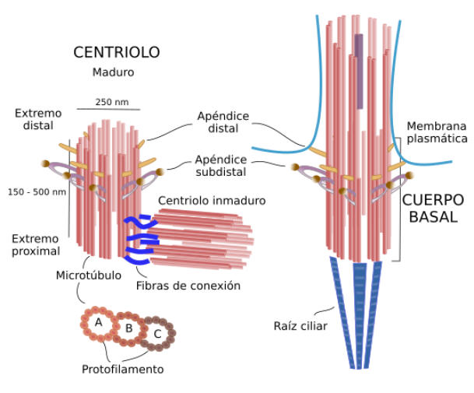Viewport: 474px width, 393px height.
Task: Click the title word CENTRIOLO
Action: [x=116, y=53]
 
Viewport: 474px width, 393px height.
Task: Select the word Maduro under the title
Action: [x=114, y=73]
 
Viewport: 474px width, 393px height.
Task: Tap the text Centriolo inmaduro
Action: [x=211, y=201]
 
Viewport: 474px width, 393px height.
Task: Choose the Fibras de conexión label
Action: [x=188, y=286]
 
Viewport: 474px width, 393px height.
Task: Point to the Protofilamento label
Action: [x=124, y=370]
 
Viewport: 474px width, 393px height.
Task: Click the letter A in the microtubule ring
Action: [x=98, y=322]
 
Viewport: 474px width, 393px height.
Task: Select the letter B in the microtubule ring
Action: [x=129, y=327]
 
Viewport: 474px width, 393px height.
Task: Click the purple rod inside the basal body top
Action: [x=359, y=70]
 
